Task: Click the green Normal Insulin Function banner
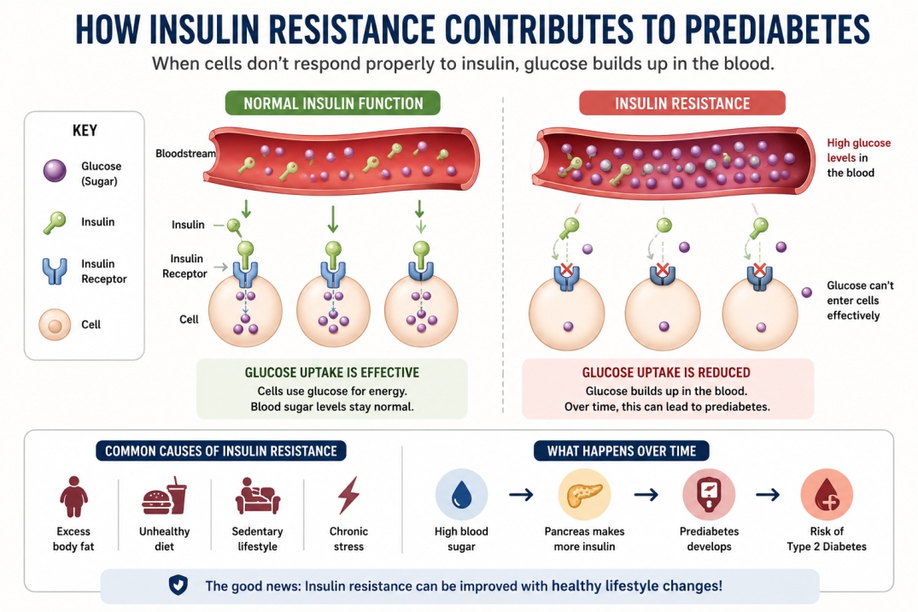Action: click(332, 103)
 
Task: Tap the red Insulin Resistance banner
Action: click(682, 103)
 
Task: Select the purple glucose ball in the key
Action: click(55, 171)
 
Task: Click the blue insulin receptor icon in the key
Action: click(55, 271)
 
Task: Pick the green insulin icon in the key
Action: click(54, 223)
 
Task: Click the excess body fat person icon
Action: click(73, 497)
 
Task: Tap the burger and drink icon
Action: click(165, 497)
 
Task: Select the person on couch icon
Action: click(258, 496)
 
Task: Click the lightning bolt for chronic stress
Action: click(349, 496)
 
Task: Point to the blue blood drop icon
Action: click(461, 495)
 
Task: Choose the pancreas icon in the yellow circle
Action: click(585, 494)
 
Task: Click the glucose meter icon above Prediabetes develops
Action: click(709, 494)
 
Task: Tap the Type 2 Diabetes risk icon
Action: click(827, 495)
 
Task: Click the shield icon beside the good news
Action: click(178, 585)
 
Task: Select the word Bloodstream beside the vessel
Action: click(185, 154)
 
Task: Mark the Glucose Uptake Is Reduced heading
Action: click(666, 373)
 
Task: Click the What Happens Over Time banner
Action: click(622, 450)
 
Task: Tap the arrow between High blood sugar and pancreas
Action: click(521, 495)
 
